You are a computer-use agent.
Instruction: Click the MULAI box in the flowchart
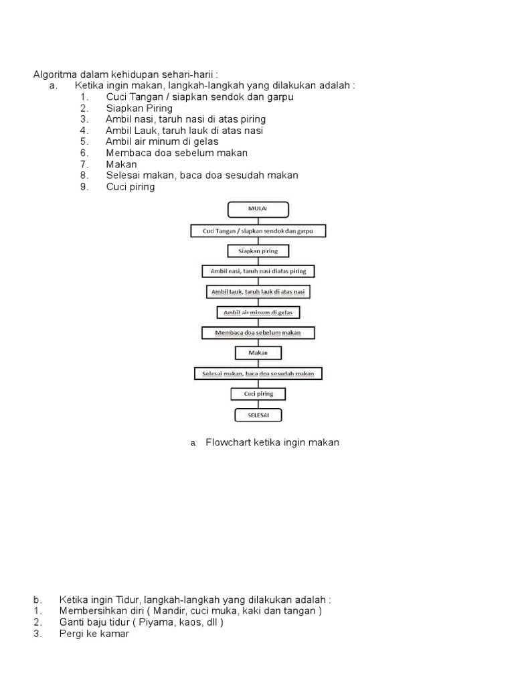pyautogui.click(x=258, y=210)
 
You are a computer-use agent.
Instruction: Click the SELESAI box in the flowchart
pyautogui.click(x=258, y=415)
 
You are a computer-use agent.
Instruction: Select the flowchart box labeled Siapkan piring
pyautogui.click(x=258, y=251)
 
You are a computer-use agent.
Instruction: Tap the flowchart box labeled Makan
pyautogui.click(x=258, y=352)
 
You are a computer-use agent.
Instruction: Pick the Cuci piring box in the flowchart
pyautogui.click(x=258, y=394)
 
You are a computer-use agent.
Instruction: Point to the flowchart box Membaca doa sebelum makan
pyautogui.click(x=258, y=333)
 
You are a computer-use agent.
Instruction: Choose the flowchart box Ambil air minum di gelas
pyautogui.click(x=258, y=312)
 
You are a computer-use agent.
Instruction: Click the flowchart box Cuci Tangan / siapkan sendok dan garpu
pyautogui.click(x=258, y=231)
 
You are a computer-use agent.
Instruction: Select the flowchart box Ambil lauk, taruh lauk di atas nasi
pyautogui.click(x=258, y=292)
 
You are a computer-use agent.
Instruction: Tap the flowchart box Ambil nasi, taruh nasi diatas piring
pyautogui.click(x=258, y=271)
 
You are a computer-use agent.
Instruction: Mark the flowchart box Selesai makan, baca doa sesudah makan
pyautogui.click(x=258, y=373)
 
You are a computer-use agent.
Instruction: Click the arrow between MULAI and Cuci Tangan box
pyautogui.click(x=258, y=221)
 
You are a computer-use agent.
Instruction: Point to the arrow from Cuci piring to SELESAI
pyautogui.click(x=258, y=405)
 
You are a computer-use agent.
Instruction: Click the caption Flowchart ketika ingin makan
pyautogui.click(x=272, y=443)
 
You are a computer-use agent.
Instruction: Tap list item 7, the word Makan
pyautogui.click(x=121, y=164)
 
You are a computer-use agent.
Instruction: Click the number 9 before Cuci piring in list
pyautogui.click(x=84, y=187)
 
